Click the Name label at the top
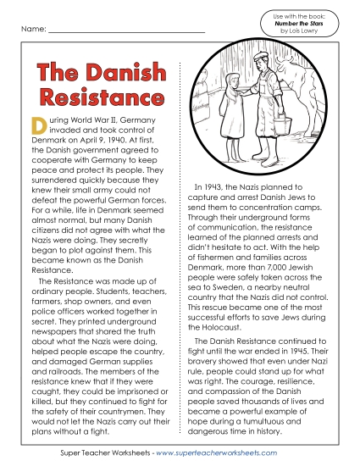pos(28,30)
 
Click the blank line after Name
pos(127,32)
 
